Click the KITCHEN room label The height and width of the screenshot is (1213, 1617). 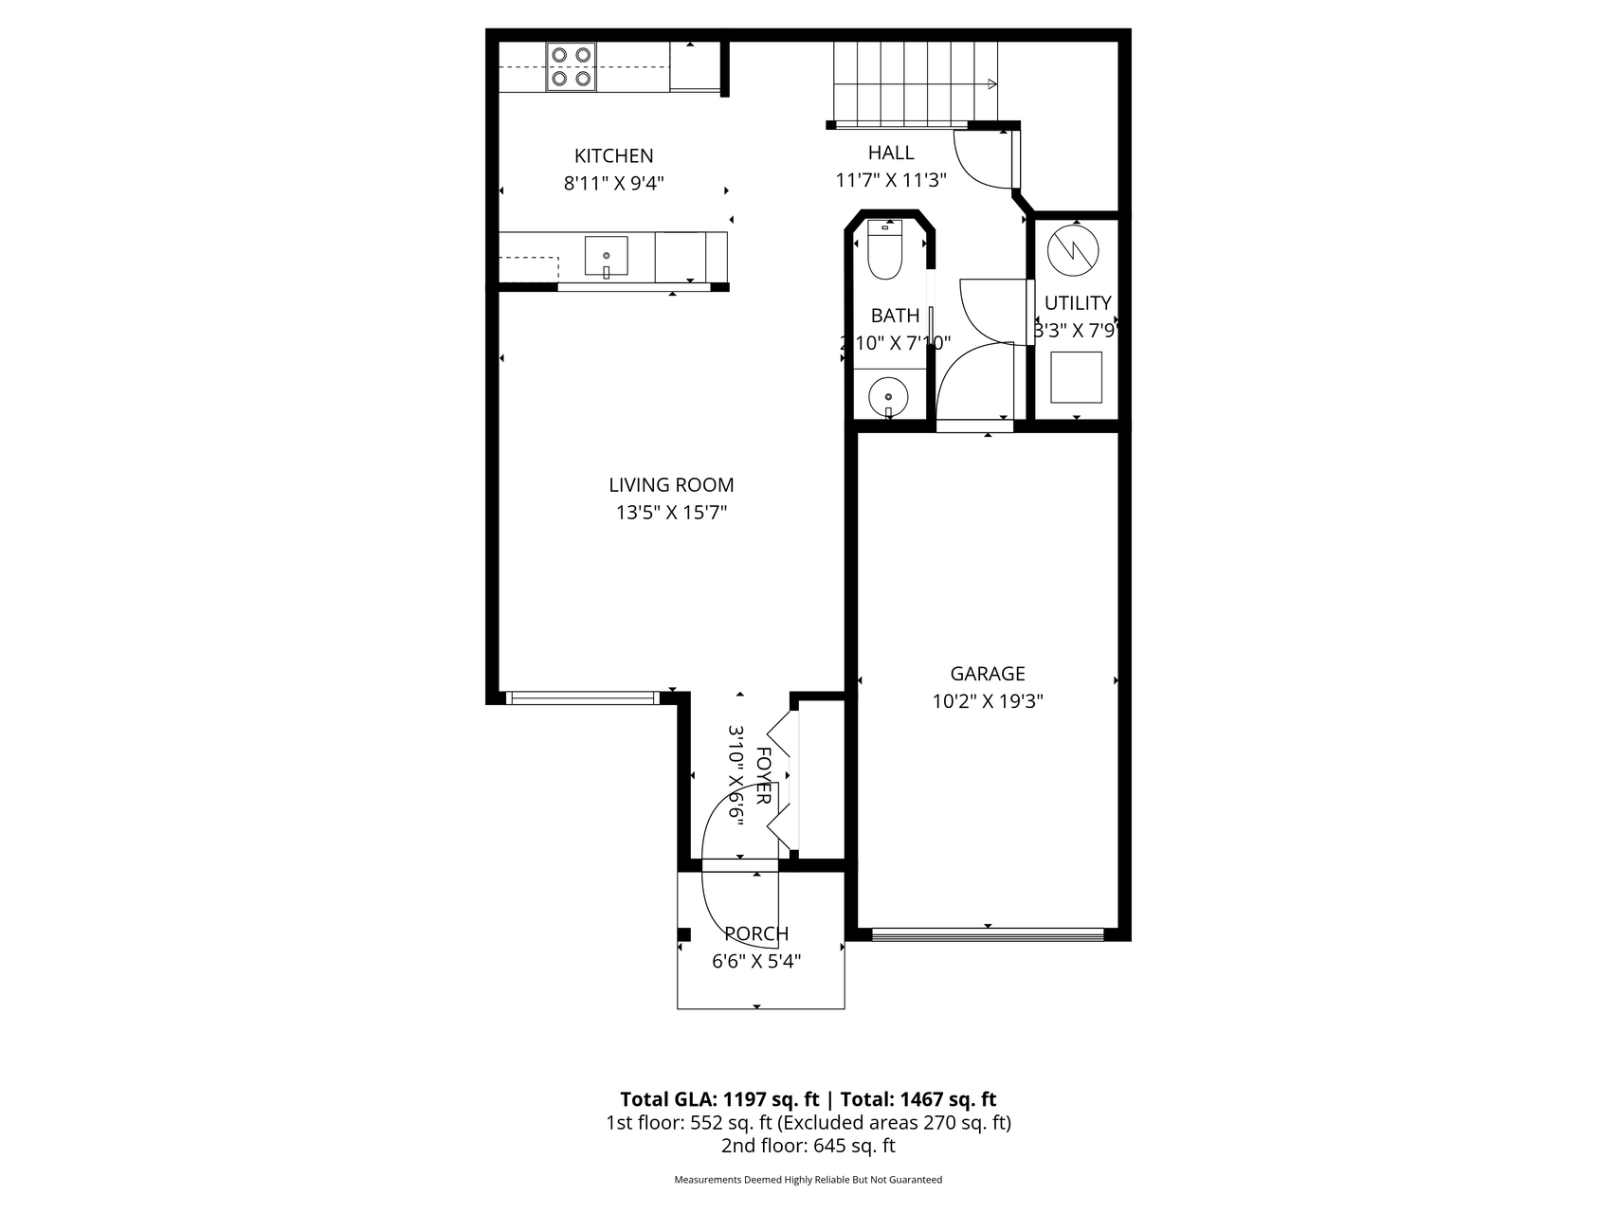click(613, 155)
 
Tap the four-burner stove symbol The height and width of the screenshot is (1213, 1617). click(571, 67)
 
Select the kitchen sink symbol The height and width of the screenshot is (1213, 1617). click(606, 257)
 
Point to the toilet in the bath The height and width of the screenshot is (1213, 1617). click(884, 251)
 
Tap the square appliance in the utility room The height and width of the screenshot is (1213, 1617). click(1077, 377)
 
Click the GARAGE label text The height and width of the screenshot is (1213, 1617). click(988, 674)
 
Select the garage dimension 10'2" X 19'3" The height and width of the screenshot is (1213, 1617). click(988, 702)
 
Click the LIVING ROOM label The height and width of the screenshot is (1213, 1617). click(671, 485)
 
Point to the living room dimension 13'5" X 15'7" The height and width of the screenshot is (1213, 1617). click(671, 514)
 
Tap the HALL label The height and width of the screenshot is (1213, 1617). click(891, 153)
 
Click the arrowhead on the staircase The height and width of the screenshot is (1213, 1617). click(992, 84)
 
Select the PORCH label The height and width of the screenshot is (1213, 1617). click(756, 934)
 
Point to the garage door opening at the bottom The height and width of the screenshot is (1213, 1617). click(988, 934)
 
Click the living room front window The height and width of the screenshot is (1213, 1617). click(582, 698)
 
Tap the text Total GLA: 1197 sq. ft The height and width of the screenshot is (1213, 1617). click(719, 1099)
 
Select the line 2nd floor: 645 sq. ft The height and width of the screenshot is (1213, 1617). click(808, 1146)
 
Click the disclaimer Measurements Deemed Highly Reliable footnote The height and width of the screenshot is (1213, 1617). click(808, 1180)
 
